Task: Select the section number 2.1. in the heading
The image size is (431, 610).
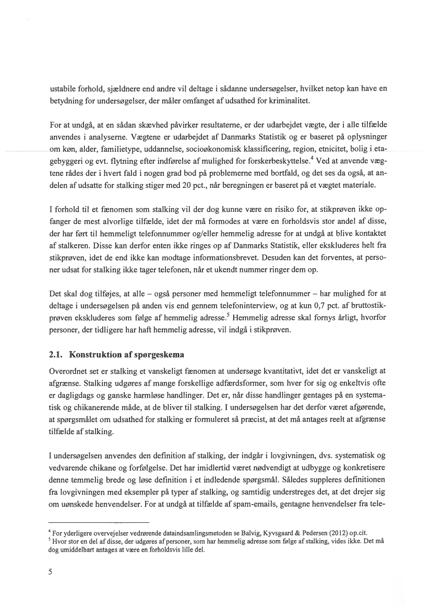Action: point(56,355)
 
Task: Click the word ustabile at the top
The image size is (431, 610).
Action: point(62,89)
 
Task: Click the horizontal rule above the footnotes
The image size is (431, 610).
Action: point(99,521)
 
